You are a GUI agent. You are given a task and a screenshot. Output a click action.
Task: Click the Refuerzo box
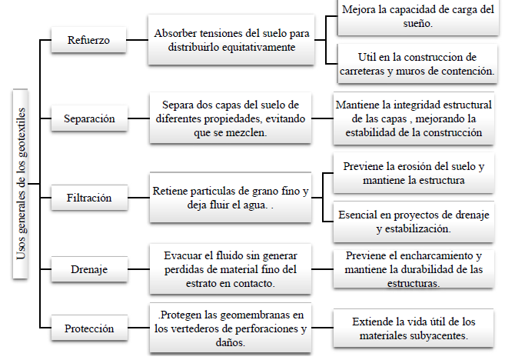(x=88, y=40)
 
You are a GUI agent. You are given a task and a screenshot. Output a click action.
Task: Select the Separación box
(x=89, y=118)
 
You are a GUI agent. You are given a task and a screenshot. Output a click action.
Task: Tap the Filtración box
(x=89, y=198)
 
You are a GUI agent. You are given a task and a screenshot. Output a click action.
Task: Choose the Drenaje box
(x=89, y=269)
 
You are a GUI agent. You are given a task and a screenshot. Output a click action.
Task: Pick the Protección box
(x=89, y=328)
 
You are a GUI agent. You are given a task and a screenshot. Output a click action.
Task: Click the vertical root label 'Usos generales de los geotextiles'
(x=21, y=184)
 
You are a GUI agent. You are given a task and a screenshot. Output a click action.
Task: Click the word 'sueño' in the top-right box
(x=417, y=24)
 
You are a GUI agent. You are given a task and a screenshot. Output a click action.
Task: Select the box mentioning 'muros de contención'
(x=417, y=64)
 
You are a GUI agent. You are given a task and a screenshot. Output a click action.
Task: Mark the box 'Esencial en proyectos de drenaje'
(x=414, y=222)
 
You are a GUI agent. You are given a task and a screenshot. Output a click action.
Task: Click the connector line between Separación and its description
(x=138, y=118)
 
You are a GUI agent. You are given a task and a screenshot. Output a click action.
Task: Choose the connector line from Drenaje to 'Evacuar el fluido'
(x=138, y=269)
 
